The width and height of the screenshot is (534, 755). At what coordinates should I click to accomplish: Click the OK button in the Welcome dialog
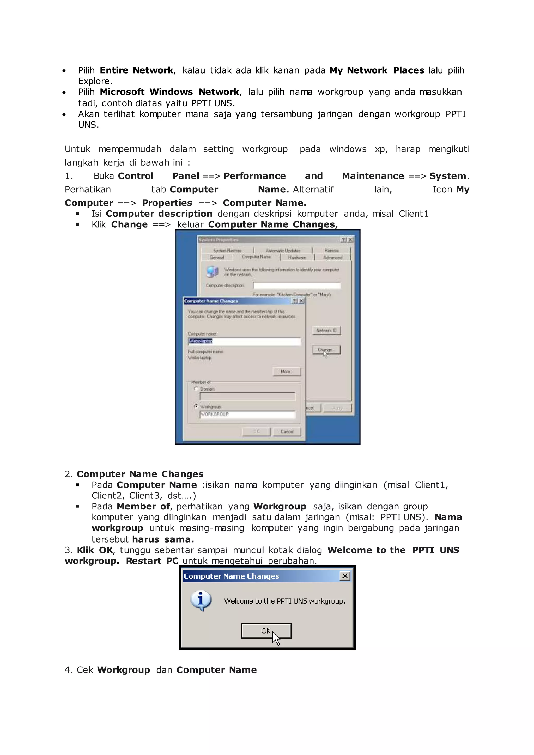266,630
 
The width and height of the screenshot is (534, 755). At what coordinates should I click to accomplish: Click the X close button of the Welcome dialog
345,576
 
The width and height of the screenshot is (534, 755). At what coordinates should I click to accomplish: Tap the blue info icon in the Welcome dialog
201,600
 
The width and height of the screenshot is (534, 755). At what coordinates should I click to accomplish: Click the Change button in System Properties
326,350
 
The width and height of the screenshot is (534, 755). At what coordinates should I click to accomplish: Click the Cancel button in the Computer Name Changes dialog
287,431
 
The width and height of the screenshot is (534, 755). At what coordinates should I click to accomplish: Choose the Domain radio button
196,389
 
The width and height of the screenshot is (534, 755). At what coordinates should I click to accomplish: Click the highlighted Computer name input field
244,341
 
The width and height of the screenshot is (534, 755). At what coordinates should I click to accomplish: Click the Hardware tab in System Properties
297,258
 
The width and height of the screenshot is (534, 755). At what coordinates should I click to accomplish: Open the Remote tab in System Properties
331,251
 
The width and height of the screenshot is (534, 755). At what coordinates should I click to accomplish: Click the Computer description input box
296,285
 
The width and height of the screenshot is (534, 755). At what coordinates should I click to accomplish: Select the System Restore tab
227,251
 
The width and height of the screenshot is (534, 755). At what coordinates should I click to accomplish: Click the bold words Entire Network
136,70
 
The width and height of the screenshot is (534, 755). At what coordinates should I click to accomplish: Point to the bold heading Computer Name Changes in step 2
140,474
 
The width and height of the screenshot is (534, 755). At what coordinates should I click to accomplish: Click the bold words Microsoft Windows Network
169,92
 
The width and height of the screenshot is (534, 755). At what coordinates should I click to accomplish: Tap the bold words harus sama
163,539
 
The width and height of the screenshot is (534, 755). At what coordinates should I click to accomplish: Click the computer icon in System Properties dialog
213,272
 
